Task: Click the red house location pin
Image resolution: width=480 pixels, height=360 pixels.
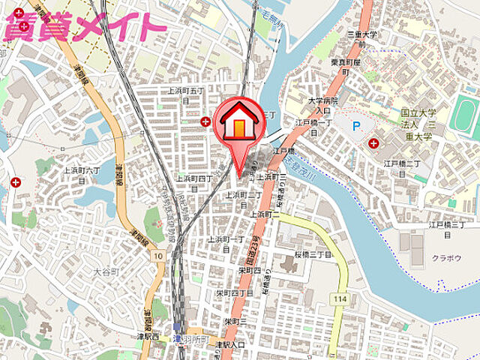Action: click(238, 124)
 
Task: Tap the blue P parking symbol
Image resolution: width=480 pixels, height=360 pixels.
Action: click(356, 126)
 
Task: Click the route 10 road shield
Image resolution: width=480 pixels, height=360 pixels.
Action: click(157, 256)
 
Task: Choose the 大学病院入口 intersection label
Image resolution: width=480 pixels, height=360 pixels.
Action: click(323, 104)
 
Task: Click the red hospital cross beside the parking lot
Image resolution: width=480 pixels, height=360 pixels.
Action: click(373, 143)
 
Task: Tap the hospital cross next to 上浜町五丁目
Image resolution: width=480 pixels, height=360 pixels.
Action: click(205, 121)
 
